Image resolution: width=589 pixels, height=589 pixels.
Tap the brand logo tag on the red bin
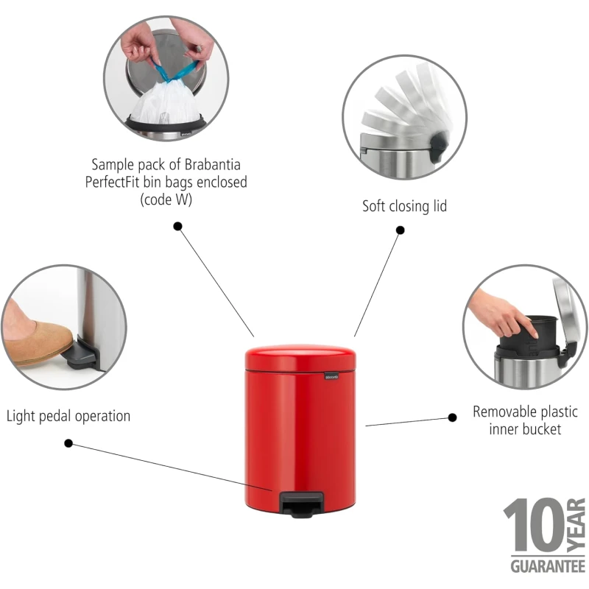coord(331,376)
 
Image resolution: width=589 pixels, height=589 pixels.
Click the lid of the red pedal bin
coord(300,358)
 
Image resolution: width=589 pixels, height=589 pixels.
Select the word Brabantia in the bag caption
coord(213,164)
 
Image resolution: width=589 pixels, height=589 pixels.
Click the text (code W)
coord(166,200)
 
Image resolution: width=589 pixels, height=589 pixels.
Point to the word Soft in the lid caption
coord(374,206)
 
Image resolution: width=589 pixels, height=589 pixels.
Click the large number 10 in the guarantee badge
coord(534,524)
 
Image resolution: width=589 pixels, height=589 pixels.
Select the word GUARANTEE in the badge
coord(548,566)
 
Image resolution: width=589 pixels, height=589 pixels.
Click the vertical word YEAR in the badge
coord(576,525)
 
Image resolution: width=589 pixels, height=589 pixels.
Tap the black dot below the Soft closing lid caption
coord(401,230)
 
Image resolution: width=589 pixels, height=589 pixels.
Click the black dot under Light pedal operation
coord(68,443)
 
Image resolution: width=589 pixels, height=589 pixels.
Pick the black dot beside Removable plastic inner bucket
coord(453,417)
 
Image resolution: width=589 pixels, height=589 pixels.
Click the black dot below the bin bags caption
coord(177,226)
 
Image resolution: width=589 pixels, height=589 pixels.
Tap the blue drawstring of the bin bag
coord(175,71)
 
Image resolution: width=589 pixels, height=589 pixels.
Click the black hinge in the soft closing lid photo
coord(439,144)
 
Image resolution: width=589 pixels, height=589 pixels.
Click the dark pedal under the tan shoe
coord(83,355)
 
